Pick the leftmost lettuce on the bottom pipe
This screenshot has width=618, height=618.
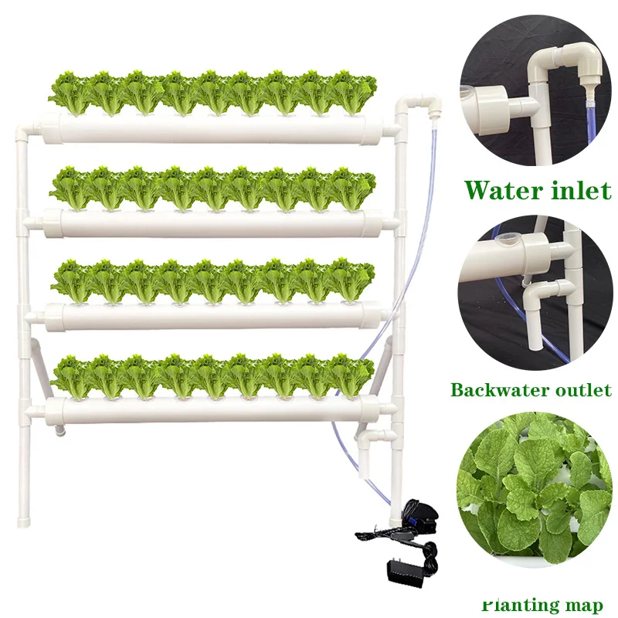[72, 376]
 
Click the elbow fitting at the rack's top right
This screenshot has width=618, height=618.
[417, 104]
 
